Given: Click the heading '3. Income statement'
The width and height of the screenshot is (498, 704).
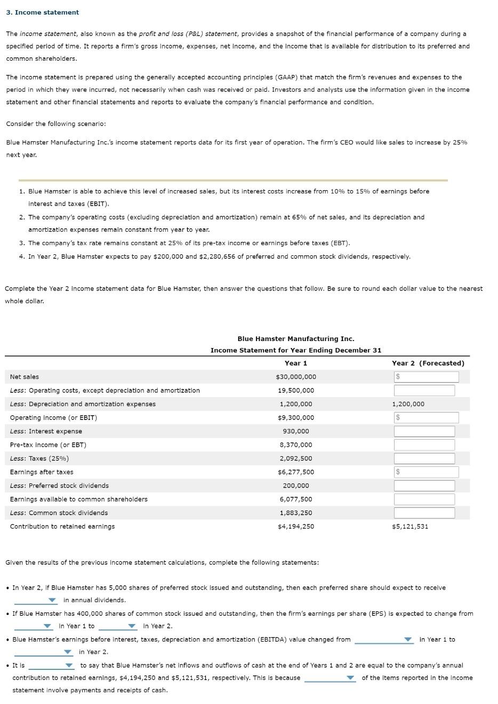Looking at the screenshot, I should coord(42,12).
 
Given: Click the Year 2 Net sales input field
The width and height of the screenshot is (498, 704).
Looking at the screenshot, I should coord(427,377).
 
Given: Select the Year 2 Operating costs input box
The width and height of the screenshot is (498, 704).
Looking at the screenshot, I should coord(424,391).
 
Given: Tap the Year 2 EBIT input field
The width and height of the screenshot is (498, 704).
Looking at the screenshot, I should coord(427,418).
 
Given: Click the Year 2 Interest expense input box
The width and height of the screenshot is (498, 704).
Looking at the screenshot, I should coord(424,431).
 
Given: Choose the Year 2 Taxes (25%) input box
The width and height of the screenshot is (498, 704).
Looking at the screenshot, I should coord(424,458).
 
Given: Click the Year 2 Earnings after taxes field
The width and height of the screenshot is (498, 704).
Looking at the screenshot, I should coord(427,472).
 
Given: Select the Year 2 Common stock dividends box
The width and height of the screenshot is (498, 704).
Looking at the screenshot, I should coord(424,513).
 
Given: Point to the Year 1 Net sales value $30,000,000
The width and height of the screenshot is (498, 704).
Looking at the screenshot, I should coord(296,377).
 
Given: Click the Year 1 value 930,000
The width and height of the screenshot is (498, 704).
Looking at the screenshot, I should coord(296,431).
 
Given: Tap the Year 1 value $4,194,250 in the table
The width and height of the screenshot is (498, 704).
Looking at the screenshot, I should coord(296,527).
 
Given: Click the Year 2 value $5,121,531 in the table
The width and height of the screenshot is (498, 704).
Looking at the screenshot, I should coord(410,527).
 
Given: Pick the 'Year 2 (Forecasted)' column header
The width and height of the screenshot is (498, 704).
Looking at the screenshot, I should coord(428,363).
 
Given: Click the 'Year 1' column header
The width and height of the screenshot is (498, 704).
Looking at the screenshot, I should coord(296,363).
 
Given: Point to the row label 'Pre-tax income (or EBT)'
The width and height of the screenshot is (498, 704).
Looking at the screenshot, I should coord(48,445).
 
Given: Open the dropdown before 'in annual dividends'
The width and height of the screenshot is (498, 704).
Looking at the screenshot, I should coord(35,600).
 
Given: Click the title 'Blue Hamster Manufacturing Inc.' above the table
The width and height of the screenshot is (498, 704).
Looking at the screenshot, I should coord(296,339).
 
